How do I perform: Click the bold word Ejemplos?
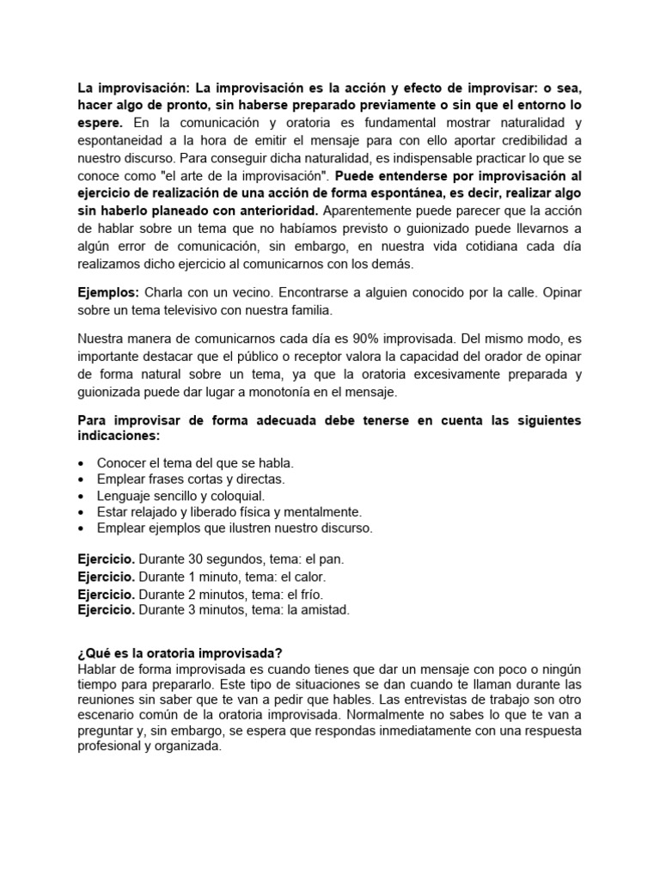[109, 293]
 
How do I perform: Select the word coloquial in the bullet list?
[237, 496]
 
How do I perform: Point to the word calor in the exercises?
[309, 577]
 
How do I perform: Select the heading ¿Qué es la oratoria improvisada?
[180, 653]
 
